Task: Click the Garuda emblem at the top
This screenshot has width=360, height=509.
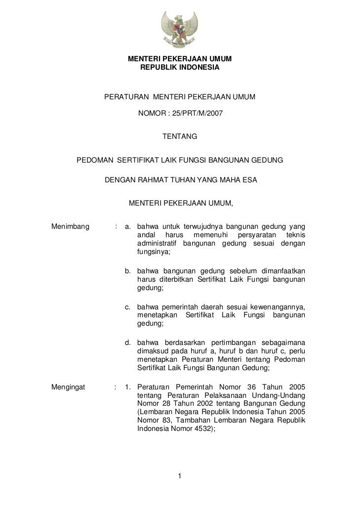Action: tap(180, 30)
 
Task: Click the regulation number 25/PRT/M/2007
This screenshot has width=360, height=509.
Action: tap(195, 114)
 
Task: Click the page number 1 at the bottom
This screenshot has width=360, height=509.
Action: tap(180, 476)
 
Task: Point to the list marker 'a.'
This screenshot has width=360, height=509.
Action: tap(128, 227)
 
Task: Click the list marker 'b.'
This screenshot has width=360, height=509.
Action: tap(128, 271)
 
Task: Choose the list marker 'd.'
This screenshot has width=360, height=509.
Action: tap(128, 342)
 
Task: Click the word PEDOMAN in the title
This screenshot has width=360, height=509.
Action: tap(93, 161)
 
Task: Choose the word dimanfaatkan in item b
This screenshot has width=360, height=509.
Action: tap(282, 271)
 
